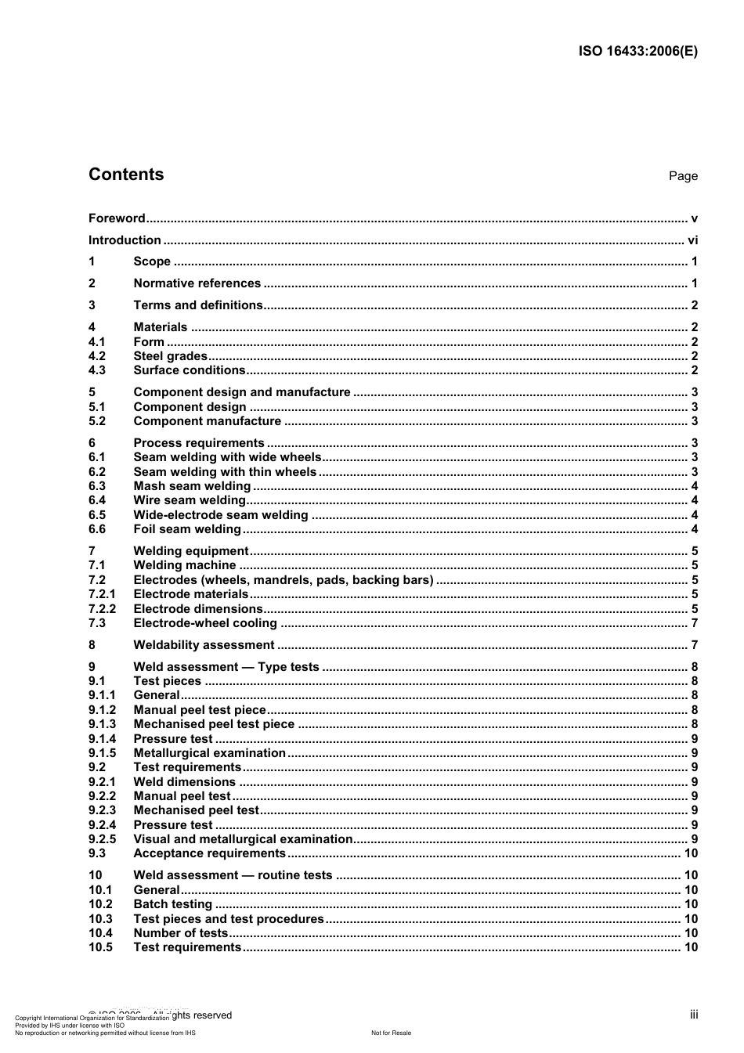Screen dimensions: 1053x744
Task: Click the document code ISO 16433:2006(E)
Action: click(x=637, y=52)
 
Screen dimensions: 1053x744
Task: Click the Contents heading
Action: click(x=126, y=175)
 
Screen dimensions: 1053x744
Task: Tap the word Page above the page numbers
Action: click(x=683, y=176)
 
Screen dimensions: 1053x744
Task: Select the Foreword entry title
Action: click(x=117, y=218)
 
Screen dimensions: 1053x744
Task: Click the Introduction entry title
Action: click(x=125, y=240)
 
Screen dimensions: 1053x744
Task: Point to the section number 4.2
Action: click(x=97, y=356)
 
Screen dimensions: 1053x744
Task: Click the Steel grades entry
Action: click(x=170, y=356)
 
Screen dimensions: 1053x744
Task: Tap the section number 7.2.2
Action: click(x=102, y=609)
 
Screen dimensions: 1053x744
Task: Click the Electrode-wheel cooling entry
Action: click(x=205, y=623)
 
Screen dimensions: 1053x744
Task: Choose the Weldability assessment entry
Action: click(x=204, y=645)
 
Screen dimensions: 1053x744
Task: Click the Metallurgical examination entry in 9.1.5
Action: click(x=209, y=753)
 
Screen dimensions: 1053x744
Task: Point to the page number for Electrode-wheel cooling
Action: click(x=694, y=623)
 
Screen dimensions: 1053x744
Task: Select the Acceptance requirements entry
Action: click(x=209, y=853)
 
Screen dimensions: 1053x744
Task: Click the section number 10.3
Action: click(x=100, y=919)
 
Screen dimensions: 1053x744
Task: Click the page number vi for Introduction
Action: click(x=692, y=240)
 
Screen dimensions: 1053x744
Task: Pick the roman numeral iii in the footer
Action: click(x=694, y=1015)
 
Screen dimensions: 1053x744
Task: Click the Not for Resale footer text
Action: click(x=391, y=1033)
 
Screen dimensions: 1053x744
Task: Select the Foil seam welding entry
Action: click(x=187, y=529)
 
